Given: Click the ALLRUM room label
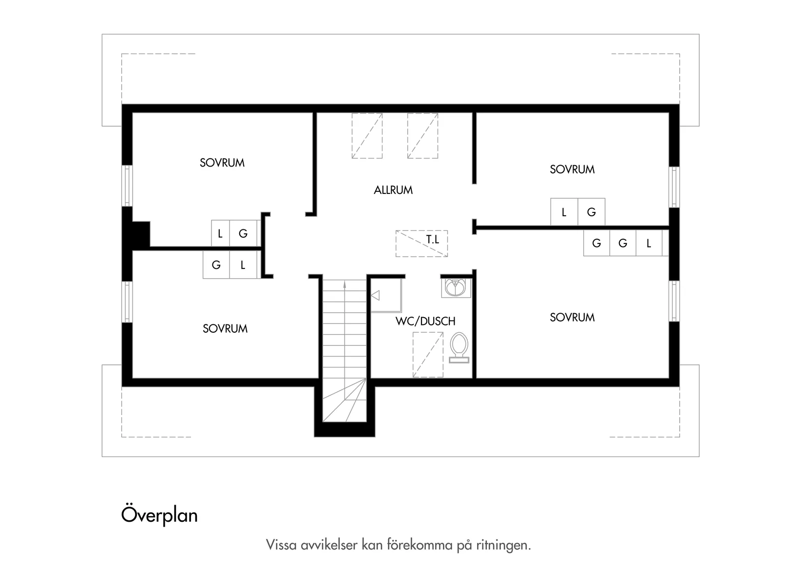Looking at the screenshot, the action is pyautogui.click(x=393, y=190).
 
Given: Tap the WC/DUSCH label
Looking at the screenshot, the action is pyautogui.click(x=425, y=321).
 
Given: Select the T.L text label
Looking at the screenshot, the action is pyautogui.click(x=433, y=239).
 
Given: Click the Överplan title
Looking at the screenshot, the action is pyautogui.click(x=159, y=515).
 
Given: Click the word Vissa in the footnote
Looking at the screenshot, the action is pyautogui.click(x=281, y=545).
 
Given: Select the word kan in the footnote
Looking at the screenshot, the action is pyautogui.click(x=372, y=545).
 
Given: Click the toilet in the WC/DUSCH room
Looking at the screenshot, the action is pyautogui.click(x=459, y=348).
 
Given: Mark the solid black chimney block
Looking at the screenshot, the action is pyautogui.click(x=141, y=234).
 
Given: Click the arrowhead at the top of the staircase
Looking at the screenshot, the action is pyautogui.click(x=345, y=285).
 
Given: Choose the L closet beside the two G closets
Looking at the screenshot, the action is pyautogui.click(x=649, y=243).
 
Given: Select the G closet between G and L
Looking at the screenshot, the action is pyautogui.click(x=623, y=243).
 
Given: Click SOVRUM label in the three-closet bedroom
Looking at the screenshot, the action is pyautogui.click(x=572, y=318).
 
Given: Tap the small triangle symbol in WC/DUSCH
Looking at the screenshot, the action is pyautogui.click(x=375, y=296).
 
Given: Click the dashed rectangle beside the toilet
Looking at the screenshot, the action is pyautogui.click(x=428, y=355).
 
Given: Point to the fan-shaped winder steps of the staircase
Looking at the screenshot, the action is pyautogui.click(x=345, y=400).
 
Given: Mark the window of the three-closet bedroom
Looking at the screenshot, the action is pyautogui.click(x=674, y=301).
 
